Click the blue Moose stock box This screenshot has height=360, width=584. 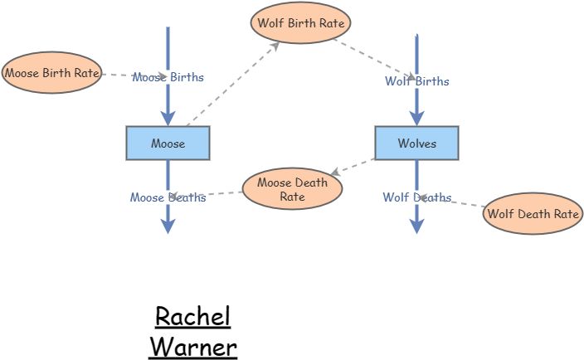(x=168, y=143)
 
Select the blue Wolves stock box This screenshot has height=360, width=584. (x=416, y=143)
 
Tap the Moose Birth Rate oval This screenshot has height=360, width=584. (x=51, y=73)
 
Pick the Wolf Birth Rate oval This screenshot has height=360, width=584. (x=300, y=22)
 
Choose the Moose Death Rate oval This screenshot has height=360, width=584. (x=292, y=189)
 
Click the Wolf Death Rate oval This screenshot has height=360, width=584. (x=533, y=213)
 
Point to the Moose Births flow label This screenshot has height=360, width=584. (x=168, y=77)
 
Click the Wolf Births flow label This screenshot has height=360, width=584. (x=416, y=81)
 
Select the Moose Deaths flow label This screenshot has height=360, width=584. (x=168, y=197)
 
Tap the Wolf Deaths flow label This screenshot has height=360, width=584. (x=416, y=197)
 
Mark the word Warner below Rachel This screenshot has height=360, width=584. (x=193, y=346)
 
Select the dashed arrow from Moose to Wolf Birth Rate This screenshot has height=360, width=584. (x=232, y=85)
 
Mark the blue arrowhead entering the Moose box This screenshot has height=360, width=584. (x=168, y=118)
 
